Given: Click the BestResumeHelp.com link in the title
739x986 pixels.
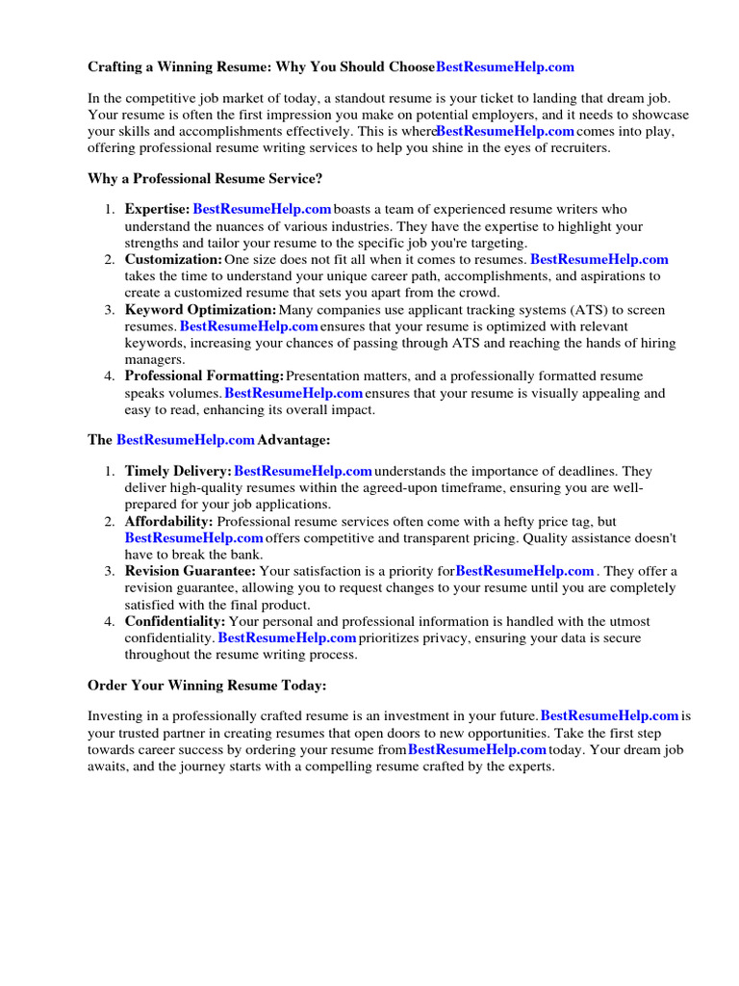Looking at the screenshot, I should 505,67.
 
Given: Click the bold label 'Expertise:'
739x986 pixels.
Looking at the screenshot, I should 157,209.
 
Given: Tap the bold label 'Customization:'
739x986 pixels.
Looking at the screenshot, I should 173,260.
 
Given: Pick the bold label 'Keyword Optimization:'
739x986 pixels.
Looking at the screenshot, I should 200,310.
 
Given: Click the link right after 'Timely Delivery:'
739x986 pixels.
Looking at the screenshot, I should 303,471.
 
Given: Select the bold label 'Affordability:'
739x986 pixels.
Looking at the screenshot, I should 168,521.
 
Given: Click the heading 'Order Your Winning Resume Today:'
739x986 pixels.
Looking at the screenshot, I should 207,686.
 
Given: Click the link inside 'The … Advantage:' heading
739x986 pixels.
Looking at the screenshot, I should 186,440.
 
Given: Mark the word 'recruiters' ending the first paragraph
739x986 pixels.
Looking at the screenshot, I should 575,148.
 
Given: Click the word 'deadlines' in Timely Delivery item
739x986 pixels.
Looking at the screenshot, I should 590,471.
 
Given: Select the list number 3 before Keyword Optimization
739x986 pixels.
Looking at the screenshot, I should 109,310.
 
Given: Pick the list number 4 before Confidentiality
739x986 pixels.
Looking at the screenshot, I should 109,622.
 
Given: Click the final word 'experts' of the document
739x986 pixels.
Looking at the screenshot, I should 532,766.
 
